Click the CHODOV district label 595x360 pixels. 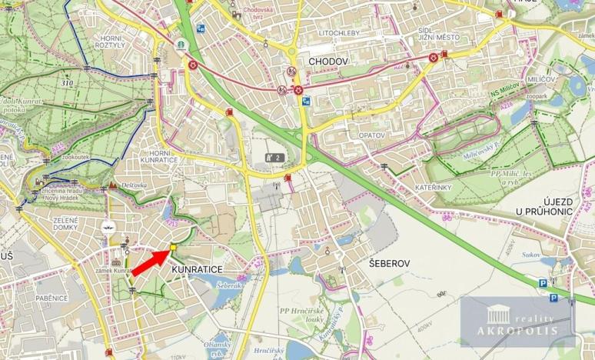coord(328,60)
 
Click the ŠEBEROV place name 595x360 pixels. coord(388,263)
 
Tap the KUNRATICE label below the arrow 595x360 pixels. coord(198,269)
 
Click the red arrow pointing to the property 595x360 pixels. coord(150,262)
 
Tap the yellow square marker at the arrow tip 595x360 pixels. coord(173,248)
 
